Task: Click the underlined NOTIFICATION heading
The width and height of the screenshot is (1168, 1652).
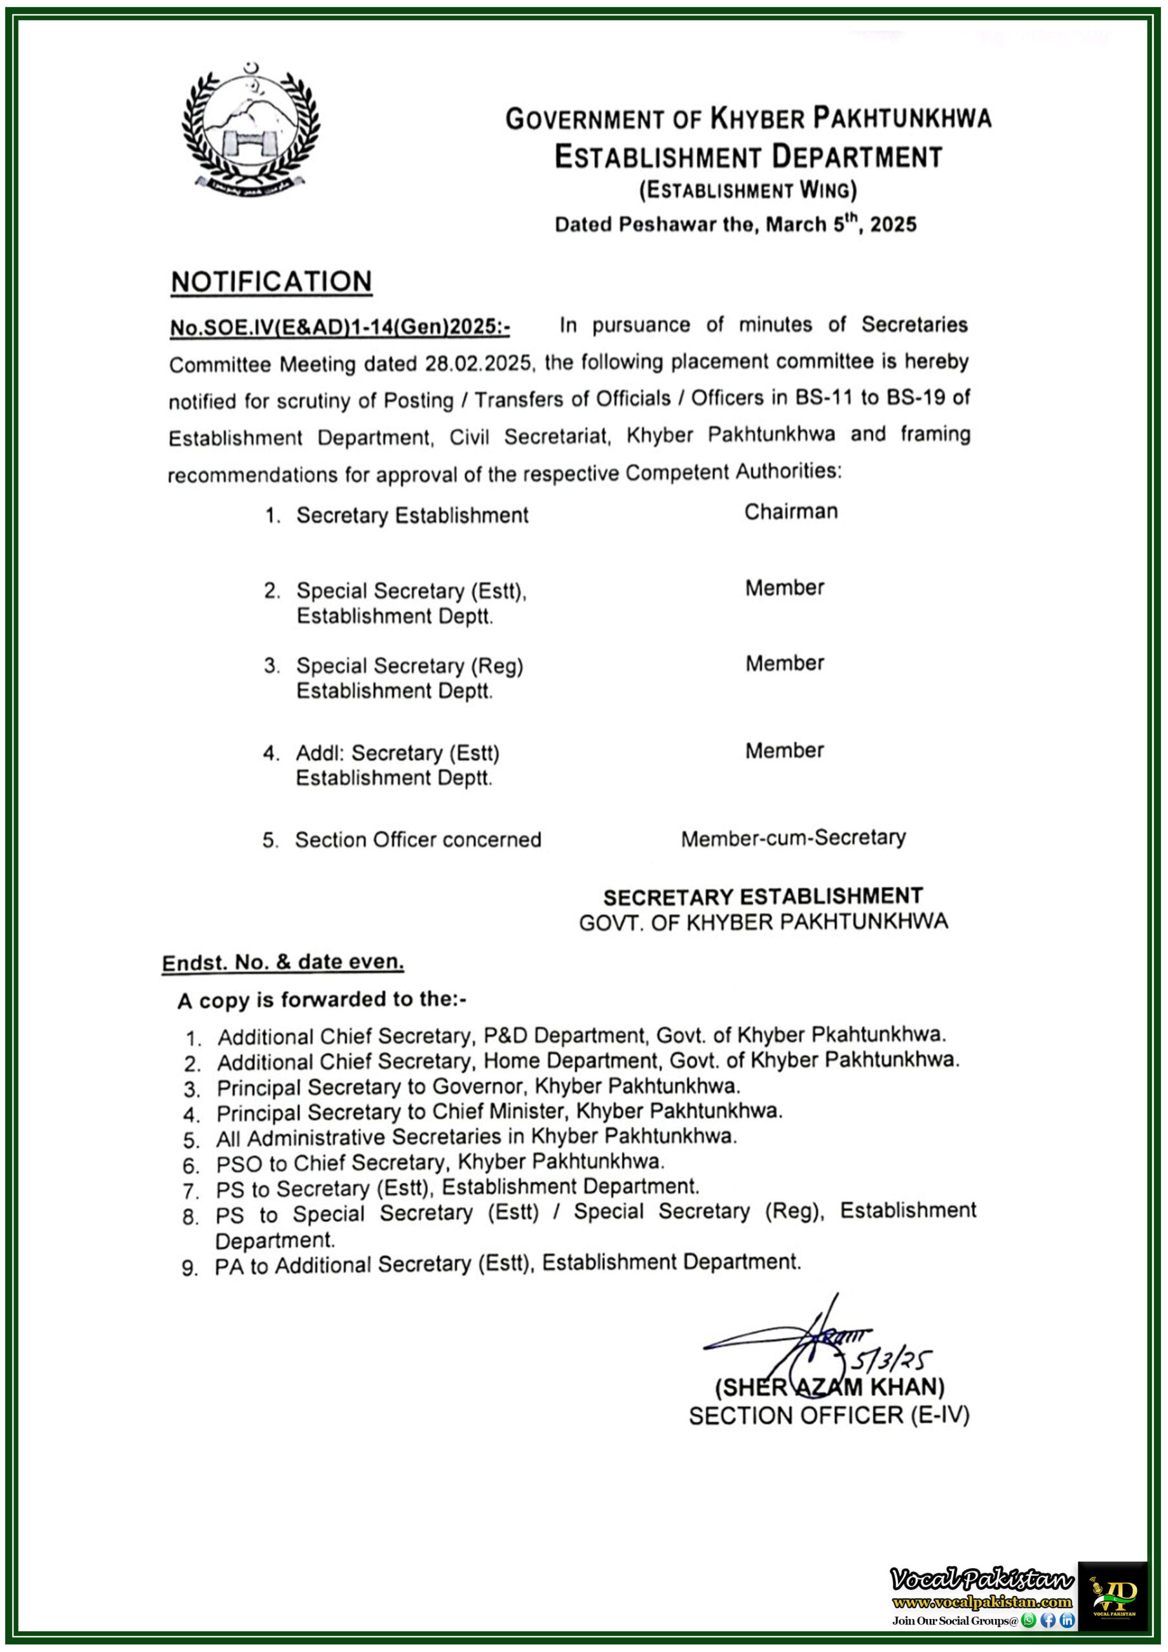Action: [x=271, y=281]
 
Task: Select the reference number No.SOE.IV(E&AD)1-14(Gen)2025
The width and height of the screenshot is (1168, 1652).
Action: [x=339, y=327]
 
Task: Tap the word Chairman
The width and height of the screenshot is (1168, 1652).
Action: [x=790, y=512]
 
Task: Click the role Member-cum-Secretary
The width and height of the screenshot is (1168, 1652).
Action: [x=793, y=838]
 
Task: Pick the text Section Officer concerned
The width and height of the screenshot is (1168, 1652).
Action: [x=418, y=840]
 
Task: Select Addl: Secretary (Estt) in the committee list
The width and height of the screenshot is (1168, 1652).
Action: [x=398, y=753]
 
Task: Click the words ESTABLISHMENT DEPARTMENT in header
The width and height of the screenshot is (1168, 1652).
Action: [x=748, y=156]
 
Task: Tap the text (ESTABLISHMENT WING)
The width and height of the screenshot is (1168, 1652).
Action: [x=748, y=190]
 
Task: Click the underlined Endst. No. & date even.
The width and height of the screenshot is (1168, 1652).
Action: [x=283, y=962]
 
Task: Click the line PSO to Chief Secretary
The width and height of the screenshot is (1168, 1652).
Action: [x=441, y=1163]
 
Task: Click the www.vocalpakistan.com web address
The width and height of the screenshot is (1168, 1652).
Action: [x=982, y=1602]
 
